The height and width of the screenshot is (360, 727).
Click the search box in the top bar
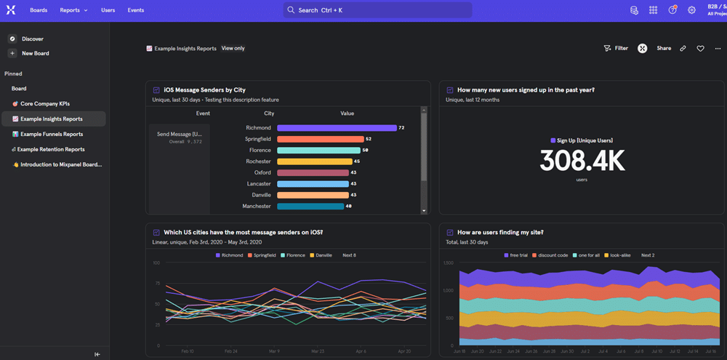(x=377, y=10)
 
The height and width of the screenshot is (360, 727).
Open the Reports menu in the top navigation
(x=73, y=10)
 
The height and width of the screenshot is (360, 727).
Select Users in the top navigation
(x=108, y=10)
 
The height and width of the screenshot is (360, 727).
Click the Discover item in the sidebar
(x=32, y=39)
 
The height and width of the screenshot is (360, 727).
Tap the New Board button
(x=35, y=53)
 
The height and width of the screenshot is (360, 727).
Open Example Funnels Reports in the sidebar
(x=51, y=135)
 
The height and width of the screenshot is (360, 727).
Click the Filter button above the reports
(x=616, y=49)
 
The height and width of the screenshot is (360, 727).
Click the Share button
(x=664, y=49)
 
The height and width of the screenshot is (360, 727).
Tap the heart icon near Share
(x=700, y=49)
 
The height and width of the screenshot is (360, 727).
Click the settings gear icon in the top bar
(x=691, y=10)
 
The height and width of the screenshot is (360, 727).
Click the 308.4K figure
(x=582, y=161)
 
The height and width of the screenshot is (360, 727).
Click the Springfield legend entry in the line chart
(x=261, y=255)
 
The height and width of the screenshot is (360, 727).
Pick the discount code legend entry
(x=552, y=255)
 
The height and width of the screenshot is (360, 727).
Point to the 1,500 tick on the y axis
(x=448, y=263)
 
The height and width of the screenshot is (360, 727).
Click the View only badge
(x=233, y=48)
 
